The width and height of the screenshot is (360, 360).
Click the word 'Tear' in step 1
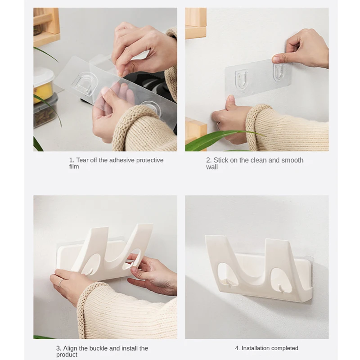tap(82, 160)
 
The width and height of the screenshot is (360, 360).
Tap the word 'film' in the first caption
tap(74, 166)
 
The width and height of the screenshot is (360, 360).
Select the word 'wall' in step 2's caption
tap(211, 167)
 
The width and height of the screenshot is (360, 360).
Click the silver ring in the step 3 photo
tap(61, 283)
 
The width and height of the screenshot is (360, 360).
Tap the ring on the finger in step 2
tap(218, 126)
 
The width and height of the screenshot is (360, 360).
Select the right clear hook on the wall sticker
tap(279, 72)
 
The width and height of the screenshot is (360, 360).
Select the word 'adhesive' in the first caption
tap(122, 160)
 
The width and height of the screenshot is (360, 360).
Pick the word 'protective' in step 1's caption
tap(150, 160)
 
